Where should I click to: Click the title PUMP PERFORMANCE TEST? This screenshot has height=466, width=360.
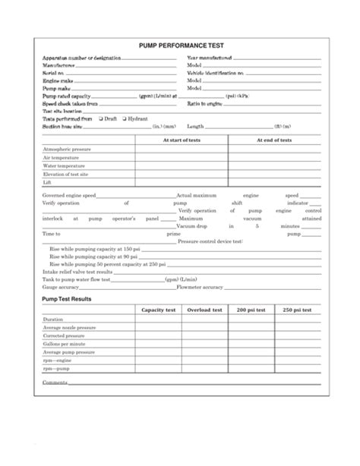(179, 46)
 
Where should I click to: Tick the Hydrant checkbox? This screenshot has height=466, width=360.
(122, 119)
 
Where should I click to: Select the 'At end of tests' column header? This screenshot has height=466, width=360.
(275, 140)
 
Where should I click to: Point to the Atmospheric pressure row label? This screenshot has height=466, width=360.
(67, 150)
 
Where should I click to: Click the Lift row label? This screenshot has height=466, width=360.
(47, 183)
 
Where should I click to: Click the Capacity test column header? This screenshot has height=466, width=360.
(159, 310)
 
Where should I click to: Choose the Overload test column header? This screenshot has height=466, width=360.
(205, 310)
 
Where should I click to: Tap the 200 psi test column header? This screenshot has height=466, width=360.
(251, 310)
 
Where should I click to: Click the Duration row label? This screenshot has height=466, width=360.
(53, 320)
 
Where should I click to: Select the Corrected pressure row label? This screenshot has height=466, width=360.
(62, 335)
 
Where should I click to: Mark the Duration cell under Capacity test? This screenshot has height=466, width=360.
(159, 320)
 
